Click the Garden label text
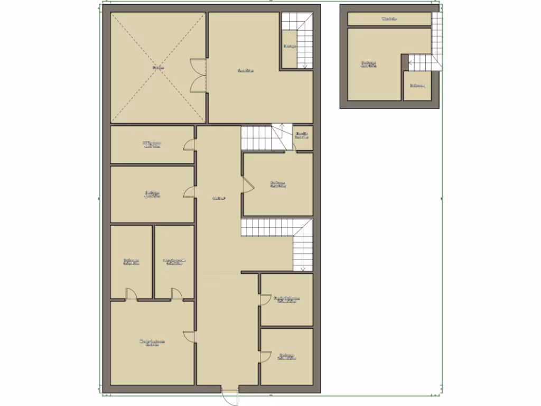tap(157, 68)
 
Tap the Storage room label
tap(290, 47)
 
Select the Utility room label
tap(152, 144)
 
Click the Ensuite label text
tap(302, 135)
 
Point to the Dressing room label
tap(174, 262)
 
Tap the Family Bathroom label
tap(287, 299)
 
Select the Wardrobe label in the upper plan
tap(389, 19)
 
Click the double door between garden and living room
tap(198, 75)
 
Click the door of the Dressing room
tap(176, 294)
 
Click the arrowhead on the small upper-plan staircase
tap(409, 63)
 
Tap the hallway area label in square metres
tap(219, 199)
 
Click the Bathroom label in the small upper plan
tap(417, 85)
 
